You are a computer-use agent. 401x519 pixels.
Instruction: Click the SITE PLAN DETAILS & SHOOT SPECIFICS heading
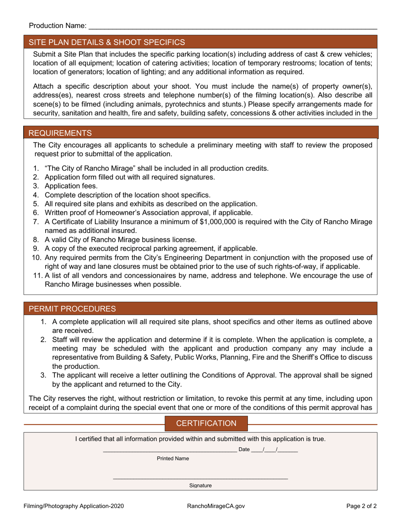(106, 42)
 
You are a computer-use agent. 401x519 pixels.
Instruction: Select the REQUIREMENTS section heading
(60, 133)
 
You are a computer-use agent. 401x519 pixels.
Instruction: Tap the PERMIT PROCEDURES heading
(72, 309)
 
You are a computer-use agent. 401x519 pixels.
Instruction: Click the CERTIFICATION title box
(206, 423)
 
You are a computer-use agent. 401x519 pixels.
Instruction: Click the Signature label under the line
(200, 486)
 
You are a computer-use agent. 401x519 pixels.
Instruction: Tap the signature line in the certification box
(200, 478)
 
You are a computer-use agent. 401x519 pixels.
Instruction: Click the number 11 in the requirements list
(37, 276)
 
